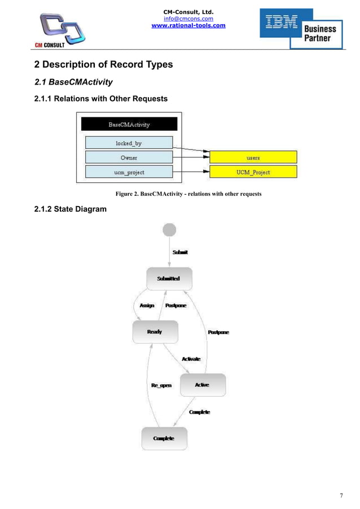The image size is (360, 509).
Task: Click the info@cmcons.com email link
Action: [188, 18]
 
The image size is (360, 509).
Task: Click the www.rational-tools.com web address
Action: [188, 25]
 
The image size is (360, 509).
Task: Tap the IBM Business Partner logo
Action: [302, 28]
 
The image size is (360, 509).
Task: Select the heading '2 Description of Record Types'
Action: [103, 64]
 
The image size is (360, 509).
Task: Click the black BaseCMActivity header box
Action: [129, 124]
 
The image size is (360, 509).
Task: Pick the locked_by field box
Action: [129, 143]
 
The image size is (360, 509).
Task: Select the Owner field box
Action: [129, 157]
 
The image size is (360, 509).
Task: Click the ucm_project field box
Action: [129, 172]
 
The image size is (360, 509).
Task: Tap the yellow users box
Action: [253, 157]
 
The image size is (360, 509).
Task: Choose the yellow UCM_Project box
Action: [253, 172]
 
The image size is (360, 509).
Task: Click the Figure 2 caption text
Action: [188, 194]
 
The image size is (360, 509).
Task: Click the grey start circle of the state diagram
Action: [169, 230]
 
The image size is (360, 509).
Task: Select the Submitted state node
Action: [169, 279]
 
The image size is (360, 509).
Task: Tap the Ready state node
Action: [155, 332]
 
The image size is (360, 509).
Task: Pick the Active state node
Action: [202, 385]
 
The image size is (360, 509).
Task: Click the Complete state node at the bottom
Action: [164, 438]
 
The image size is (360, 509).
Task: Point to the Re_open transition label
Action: [161, 385]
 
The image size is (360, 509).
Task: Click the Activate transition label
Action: [191, 359]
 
